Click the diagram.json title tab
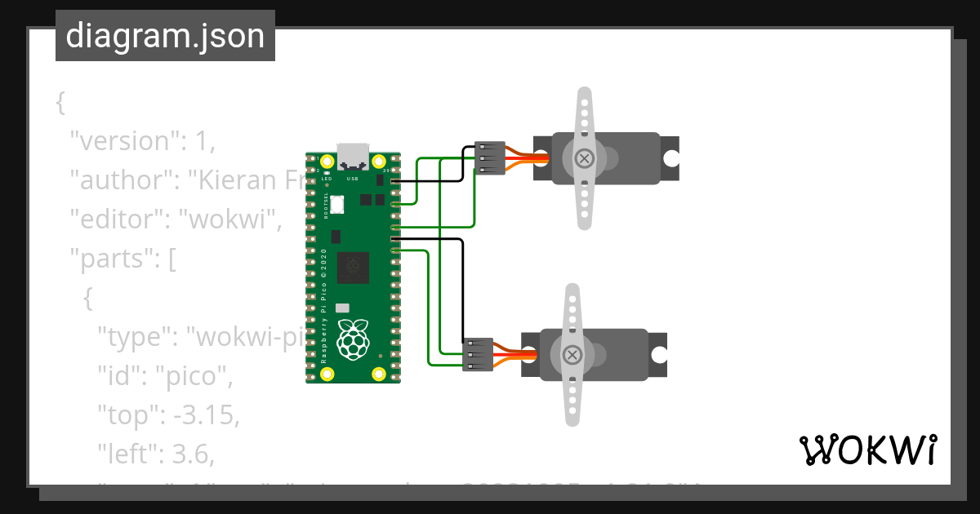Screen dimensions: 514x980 tap(165, 36)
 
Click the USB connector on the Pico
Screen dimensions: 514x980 tap(353, 156)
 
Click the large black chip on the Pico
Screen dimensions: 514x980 tap(352, 267)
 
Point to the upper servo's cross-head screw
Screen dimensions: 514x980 tap(583, 158)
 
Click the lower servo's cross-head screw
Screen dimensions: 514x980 tap(573, 354)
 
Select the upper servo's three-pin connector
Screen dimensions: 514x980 tap(490, 158)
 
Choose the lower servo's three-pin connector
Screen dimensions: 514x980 tap(479, 355)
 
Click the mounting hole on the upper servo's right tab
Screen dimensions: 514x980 tap(670, 158)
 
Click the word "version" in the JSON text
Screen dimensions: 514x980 tap(122, 141)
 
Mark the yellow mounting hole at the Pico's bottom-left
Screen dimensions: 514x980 tap(327, 374)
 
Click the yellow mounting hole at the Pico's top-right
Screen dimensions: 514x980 tap(378, 161)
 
